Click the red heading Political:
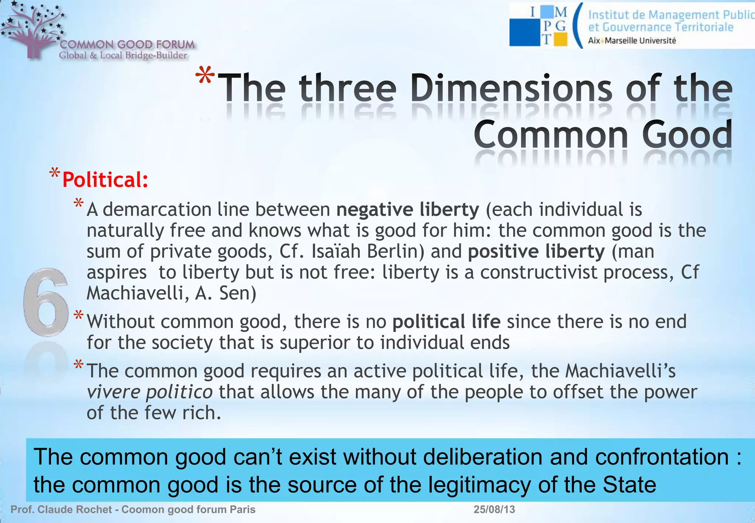105,180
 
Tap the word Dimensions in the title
511,89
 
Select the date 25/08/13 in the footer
494,509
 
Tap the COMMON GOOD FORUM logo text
127,45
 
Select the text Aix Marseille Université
632,41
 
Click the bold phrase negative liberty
407,209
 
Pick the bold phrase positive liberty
536,252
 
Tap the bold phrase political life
446,322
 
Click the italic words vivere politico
149,392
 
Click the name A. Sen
225,294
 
